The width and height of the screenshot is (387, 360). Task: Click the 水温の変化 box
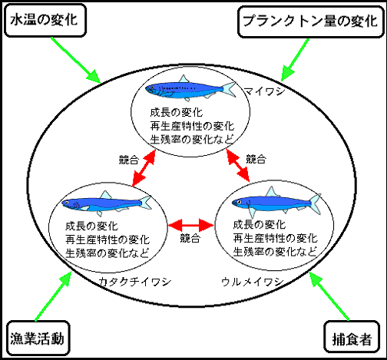(x=45, y=20)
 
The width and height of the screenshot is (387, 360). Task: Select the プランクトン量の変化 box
(x=311, y=21)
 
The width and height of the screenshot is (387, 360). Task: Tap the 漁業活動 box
(x=38, y=338)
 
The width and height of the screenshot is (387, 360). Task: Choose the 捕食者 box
(x=352, y=336)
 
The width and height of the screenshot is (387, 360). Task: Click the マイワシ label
(x=264, y=91)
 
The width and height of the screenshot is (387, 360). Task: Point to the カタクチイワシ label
(x=135, y=282)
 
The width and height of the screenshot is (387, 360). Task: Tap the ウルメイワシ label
(x=253, y=282)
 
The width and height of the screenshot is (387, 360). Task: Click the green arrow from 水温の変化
(x=75, y=61)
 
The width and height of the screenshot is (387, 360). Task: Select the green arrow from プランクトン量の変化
(x=295, y=60)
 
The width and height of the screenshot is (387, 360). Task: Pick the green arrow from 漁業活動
(x=53, y=296)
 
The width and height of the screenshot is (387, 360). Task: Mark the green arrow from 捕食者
(x=329, y=296)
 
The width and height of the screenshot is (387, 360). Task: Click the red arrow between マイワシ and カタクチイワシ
(x=144, y=167)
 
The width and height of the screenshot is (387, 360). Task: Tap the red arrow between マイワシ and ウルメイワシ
(x=238, y=166)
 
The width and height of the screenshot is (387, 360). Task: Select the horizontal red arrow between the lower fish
(x=191, y=226)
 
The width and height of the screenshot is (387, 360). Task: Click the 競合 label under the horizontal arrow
(x=190, y=238)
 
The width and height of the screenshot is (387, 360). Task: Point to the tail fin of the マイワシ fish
(x=229, y=90)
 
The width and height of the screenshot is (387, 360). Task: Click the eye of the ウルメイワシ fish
(x=239, y=202)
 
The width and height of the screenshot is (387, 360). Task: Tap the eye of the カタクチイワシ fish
(x=67, y=203)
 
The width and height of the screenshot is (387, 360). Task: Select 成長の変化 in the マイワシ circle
(x=176, y=112)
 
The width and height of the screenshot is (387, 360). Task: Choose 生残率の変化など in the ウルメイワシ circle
(x=275, y=252)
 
